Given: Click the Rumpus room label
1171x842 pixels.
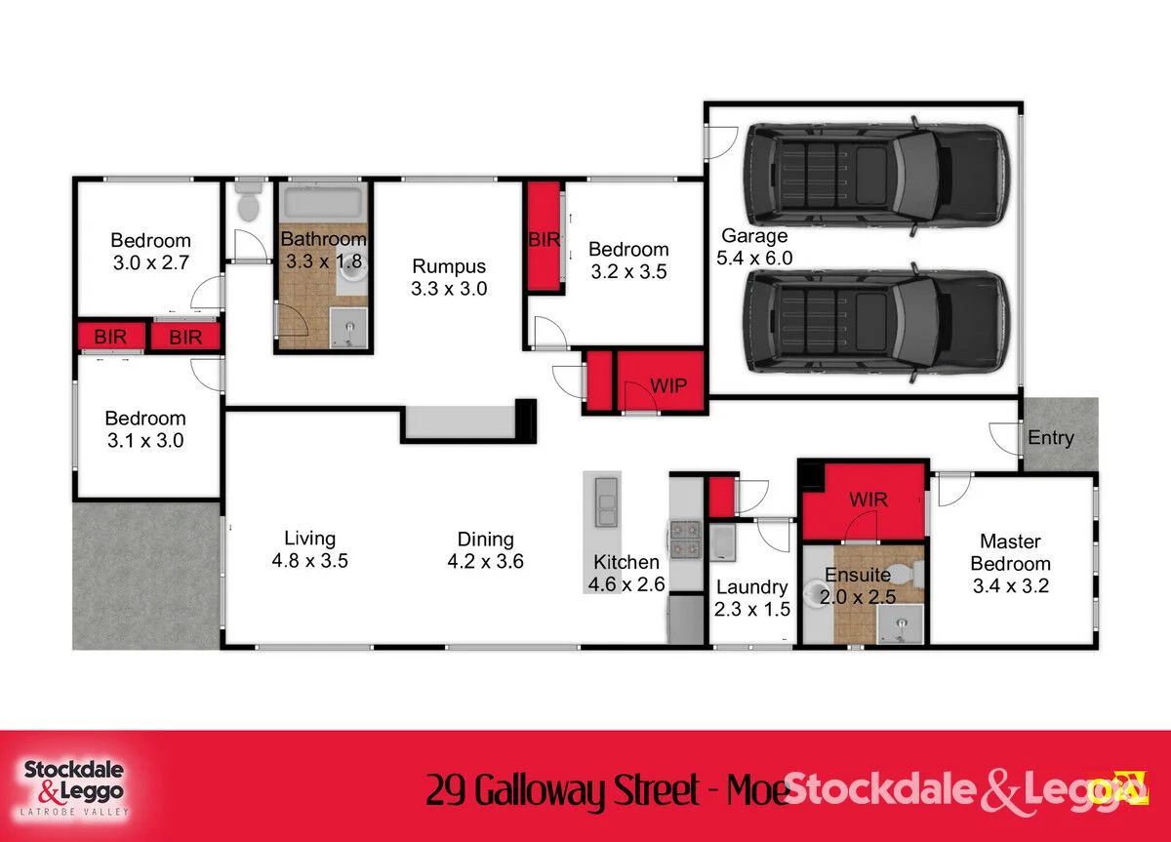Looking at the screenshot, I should coord(449,277).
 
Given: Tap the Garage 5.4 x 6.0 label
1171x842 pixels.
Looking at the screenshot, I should coord(754,247).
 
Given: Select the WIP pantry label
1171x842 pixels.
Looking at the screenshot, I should coord(668,384).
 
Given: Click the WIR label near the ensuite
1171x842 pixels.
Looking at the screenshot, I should coord(868,501).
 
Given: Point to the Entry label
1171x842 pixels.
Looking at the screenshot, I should coord(1050,438).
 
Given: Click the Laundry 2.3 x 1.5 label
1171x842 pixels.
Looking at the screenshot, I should coord(751,598).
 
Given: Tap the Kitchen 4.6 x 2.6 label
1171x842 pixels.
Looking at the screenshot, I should coord(626,573).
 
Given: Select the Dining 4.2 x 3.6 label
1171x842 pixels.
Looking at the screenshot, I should coord(486,550).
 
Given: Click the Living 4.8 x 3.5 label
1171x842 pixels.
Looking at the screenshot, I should coord(310,549).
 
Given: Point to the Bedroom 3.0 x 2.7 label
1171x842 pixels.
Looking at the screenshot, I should coord(150,252).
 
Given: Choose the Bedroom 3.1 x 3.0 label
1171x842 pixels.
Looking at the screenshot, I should coord(145,429).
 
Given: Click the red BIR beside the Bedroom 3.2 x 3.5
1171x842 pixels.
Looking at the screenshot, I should coord(545,238).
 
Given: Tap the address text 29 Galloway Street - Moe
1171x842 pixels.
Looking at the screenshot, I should coord(606,790).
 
